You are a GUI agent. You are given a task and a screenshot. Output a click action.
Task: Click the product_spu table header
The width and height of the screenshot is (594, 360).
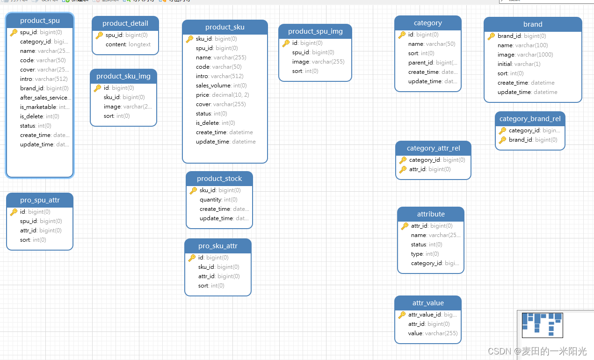(x=40, y=21)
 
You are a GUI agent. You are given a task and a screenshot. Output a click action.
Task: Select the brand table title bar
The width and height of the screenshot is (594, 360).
(x=533, y=24)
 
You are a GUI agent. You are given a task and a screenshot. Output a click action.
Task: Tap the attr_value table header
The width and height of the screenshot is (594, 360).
(x=428, y=303)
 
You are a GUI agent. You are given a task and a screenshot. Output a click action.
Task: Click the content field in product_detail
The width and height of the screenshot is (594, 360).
(x=116, y=44)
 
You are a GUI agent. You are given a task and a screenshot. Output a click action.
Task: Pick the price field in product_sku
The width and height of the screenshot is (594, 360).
(x=203, y=95)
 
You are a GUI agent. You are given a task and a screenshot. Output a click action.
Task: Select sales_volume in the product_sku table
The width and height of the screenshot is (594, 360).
(x=213, y=86)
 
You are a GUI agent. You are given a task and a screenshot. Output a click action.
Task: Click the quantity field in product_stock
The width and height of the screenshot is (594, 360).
(x=210, y=200)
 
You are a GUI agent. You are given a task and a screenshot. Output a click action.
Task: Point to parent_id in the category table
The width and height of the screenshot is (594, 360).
(x=420, y=63)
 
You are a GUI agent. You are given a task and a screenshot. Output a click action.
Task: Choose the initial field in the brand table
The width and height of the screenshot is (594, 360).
(x=505, y=64)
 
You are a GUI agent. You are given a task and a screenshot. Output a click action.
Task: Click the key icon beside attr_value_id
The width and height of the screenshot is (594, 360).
(x=402, y=315)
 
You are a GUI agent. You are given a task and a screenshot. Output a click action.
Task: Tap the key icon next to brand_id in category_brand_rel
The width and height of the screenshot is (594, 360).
(x=502, y=140)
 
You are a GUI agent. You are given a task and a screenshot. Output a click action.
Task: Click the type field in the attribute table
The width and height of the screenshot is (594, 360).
(x=418, y=254)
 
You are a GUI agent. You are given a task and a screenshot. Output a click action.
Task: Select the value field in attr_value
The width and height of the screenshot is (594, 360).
(x=415, y=333)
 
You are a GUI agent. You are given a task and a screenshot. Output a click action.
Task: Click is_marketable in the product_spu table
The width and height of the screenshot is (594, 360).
(x=38, y=107)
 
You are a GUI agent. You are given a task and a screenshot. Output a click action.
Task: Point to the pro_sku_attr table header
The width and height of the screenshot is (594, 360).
(x=217, y=246)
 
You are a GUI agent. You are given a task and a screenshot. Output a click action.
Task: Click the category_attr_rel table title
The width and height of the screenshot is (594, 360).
(x=433, y=148)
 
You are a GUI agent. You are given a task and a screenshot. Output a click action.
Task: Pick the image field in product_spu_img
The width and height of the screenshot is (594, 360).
(x=301, y=62)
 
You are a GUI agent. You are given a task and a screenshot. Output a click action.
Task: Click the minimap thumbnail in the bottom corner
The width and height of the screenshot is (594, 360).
(x=542, y=325)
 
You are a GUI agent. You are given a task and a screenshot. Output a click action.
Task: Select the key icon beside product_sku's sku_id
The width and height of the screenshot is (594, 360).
(x=189, y=39)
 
